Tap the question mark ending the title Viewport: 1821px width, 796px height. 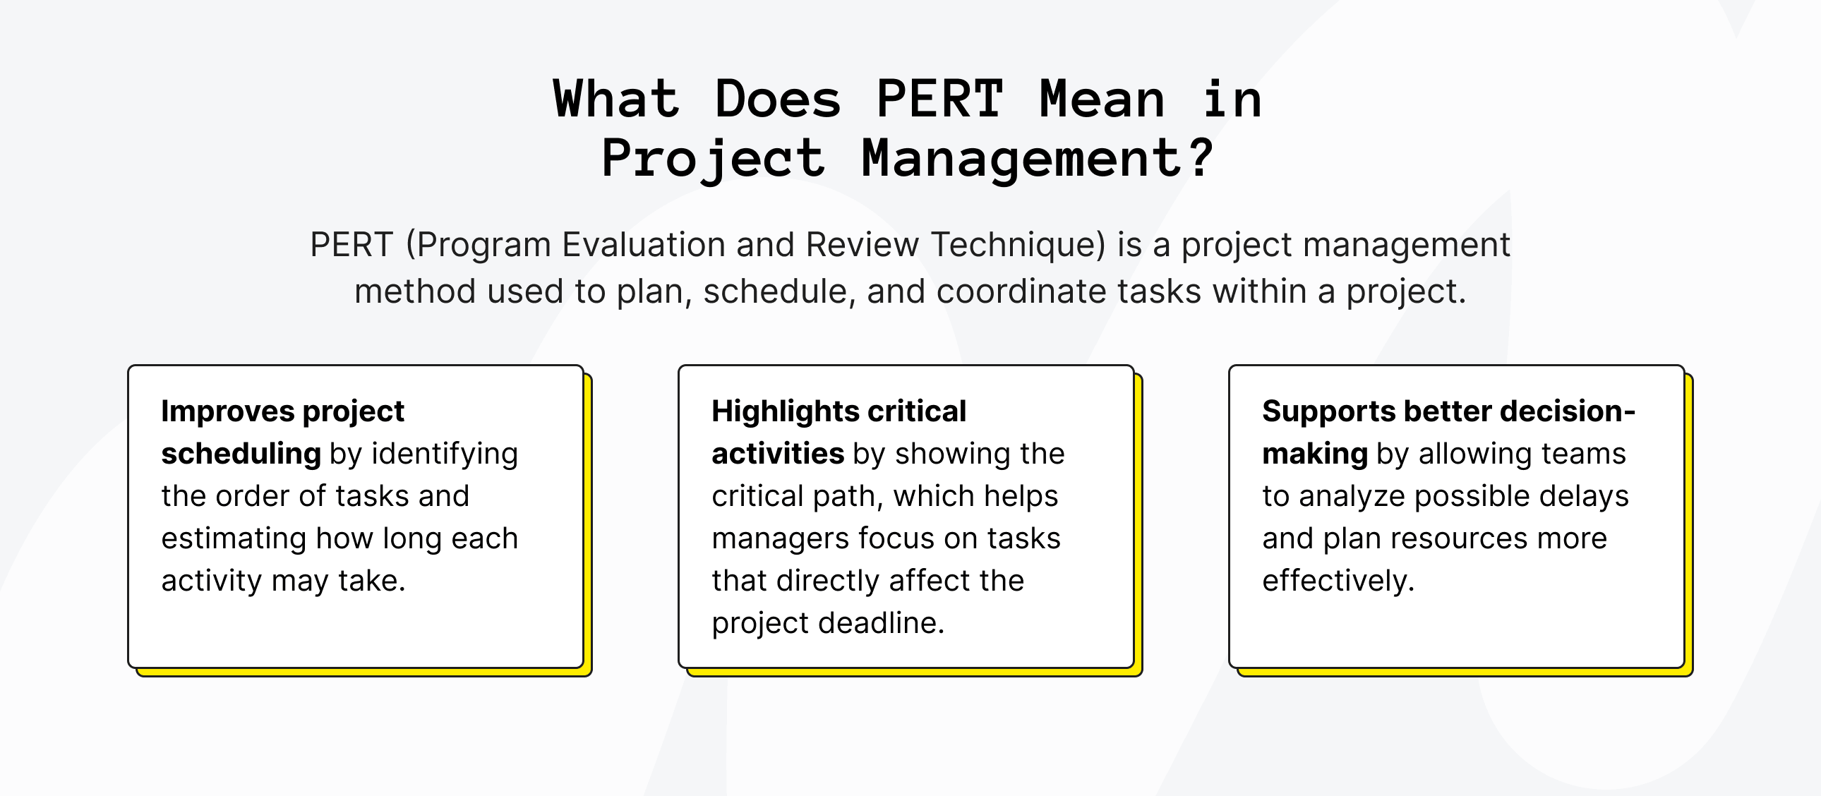click(1201, 157)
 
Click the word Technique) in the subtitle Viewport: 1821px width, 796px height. click(1018, 245)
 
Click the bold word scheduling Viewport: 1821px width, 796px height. click(241, 453)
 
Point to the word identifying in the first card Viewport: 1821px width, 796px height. click(445, 454)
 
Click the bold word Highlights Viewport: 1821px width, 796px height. click(784, 411)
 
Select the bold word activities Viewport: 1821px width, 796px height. click(777, 453)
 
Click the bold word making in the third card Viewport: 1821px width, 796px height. click(1314, 453)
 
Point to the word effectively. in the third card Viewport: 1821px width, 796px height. click(1338, 580)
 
